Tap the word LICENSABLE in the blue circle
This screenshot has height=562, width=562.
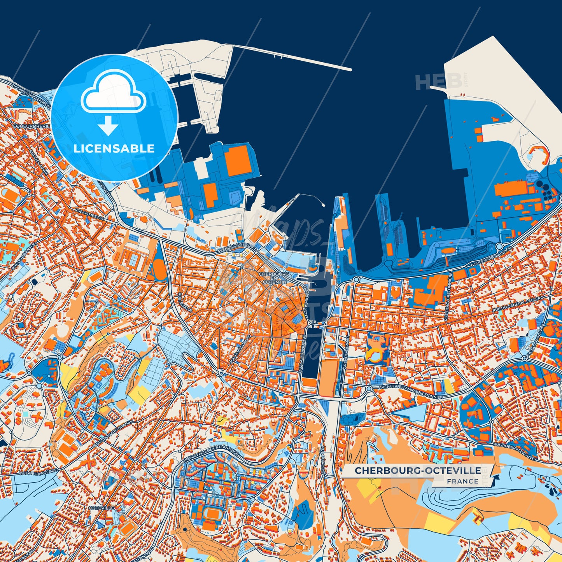[114, 149]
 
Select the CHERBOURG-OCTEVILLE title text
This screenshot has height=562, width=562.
[417, 471]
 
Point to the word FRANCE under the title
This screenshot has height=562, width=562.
[462, 481]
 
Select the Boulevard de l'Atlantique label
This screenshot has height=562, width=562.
[212, 453]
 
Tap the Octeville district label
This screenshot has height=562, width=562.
[101, 508]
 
